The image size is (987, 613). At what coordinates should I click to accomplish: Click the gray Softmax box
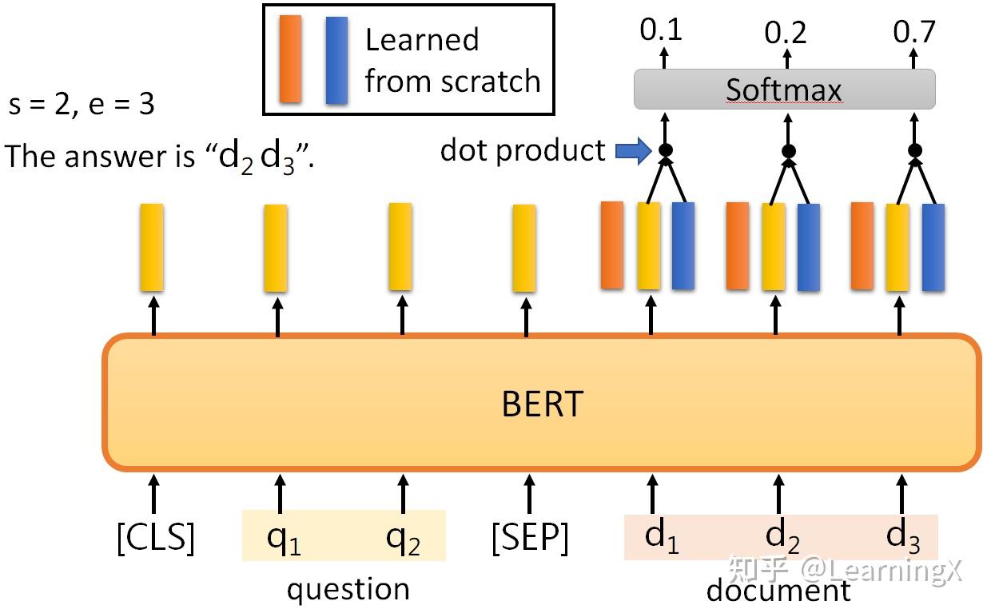pyautogui.click(x=784, y=90)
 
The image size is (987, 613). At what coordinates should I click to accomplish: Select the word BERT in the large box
pyautogui.click(x=542, y=404)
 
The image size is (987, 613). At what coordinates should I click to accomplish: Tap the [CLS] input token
pyautogui.click(x=155, y=538)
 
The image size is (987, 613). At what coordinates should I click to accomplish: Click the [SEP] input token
pyautogui.click(x=529, y=538)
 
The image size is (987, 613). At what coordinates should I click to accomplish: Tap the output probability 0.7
pyautogui.click(x=913, y=31)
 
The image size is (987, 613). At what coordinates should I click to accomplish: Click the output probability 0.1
pyautogui.click(x=661, y=30)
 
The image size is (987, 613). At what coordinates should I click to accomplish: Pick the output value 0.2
pyautogui.click(x=786, y=33)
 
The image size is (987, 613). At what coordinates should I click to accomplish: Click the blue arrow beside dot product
pyautogui.click(x=633, y=151)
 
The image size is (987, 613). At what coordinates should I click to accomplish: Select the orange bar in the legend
pyautogui.click(x=290, y=59)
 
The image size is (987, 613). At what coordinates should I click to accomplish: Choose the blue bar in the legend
pyautogui.click(x=336, y=60)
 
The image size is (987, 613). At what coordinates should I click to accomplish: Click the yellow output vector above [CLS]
pyautogui.click(x=152, y=247)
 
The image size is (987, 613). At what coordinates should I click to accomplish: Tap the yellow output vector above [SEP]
pyautogui.click(x=524, y=248)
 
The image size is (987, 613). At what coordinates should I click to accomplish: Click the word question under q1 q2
pyautogui.click(x=348, y=590)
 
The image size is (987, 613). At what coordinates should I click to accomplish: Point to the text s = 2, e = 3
pyautogui.click(x=81, y=105)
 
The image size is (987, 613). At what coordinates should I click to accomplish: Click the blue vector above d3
pyautogui.click(x=933, y=247)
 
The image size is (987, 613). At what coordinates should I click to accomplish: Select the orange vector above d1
pyautogui.click(x=611, y=245)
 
